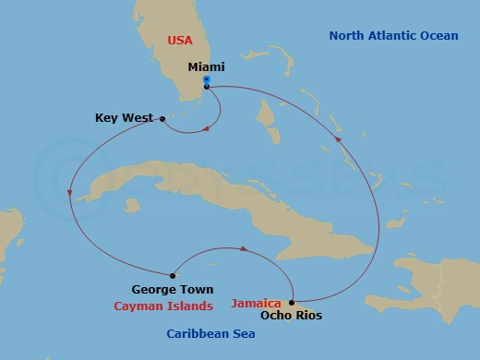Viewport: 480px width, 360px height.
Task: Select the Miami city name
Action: click(x=206, y=67)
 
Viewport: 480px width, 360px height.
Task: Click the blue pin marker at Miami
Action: click(x=207, y=80)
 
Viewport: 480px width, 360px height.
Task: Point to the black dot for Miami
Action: click(x=207, y=87)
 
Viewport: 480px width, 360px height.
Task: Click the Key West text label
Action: click(x=124, y=117)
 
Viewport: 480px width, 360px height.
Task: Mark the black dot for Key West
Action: click(x=162, y=118)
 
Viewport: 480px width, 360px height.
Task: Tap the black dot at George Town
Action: click(x=174, y=274)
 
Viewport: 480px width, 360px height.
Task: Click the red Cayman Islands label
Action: click(x=163, y=306)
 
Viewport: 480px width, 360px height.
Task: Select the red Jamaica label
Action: click(x=256, y=302)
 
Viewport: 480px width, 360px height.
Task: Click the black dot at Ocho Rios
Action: click(x=292, y=302)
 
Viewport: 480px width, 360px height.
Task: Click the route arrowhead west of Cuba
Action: click(x=69, y=193)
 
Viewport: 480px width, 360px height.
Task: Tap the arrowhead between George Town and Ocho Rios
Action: click(x=243, y=248)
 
